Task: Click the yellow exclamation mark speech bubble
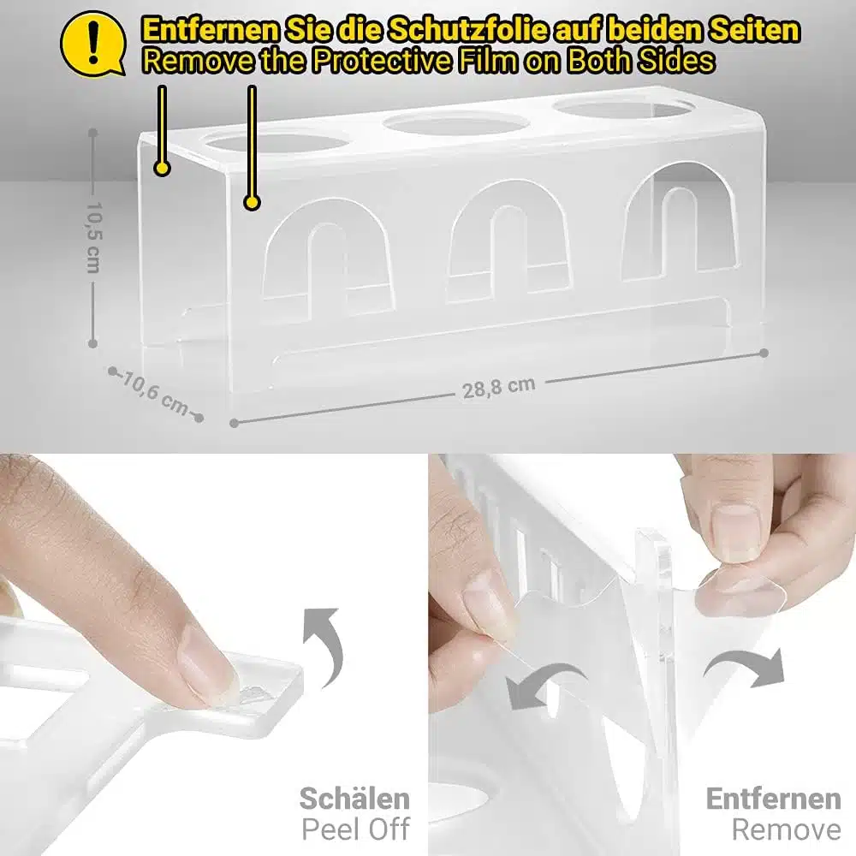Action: click(92, 44)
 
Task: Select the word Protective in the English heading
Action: click(382, 61)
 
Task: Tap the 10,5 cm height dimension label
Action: click(93, 238)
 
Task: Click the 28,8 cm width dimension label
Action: click(498, 388)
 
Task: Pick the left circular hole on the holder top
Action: click(278, 142)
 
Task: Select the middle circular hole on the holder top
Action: click(455, 124)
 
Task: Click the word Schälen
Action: click(355, 799)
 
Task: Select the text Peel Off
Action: click(356, 829)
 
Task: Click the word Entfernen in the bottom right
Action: click(773, 799)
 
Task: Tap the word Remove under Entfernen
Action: click(786, 829)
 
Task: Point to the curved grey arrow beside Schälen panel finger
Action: click(331, 645)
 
